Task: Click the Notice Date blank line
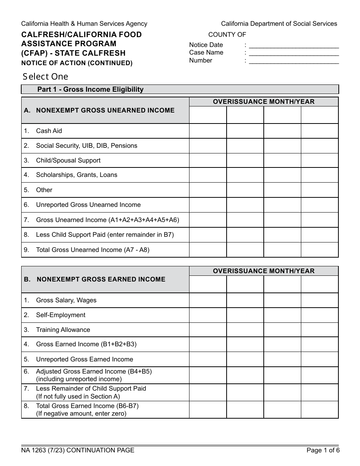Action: click(x=294, y=45)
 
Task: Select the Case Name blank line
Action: click(x=294, y=53)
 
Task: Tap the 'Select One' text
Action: click(x=45, y=77)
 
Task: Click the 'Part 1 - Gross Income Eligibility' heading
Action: click(x=90, y=89)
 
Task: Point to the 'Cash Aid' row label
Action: click(x=49, y=131)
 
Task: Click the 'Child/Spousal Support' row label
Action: click(x=68, y=161)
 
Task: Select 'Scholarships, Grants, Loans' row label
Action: click(x=77, y=175)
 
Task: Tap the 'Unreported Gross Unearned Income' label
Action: click(x=88, y=205)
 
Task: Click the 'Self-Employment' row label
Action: click(x=61, y=315)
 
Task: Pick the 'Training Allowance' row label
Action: click(x=63, y=330)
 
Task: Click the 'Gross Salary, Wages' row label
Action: click(x=66, y=300)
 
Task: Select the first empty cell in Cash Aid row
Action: click(x=208, y=131)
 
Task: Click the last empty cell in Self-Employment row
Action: click(x=319, y=315)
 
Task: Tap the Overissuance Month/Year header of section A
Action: click(x=264, y=102)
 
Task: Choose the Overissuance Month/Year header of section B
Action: click(x=264, y=271)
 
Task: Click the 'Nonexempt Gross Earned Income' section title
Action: click(x=101, y=280)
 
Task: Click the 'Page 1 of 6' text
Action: click(x=323, y=450)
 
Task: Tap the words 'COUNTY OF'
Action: click(x=227, y=35)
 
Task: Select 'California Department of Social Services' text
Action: click(x=279, y=24)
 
